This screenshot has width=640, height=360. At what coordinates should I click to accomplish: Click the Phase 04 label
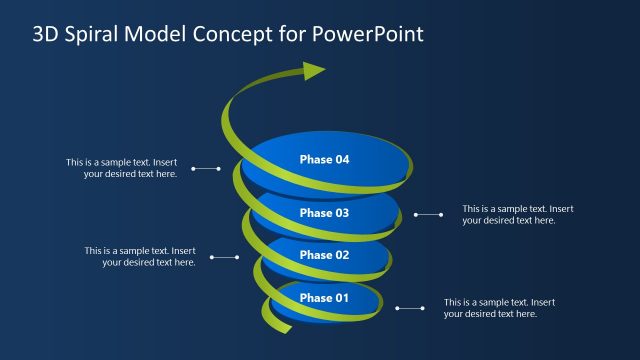324,159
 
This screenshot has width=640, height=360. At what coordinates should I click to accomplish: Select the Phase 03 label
324,213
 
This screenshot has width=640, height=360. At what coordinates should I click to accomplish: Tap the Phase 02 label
324,255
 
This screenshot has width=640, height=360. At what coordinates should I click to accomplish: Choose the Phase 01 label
324,298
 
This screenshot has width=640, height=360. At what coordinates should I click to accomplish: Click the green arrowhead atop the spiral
314,71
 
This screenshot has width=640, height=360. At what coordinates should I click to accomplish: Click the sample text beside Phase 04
122,168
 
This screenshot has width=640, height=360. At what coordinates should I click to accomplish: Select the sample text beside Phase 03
517,214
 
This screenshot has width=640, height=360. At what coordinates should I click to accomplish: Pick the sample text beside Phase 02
140,256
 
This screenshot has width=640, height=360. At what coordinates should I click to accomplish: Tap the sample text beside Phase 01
499,307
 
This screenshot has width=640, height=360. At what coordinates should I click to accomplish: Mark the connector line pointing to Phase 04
205,169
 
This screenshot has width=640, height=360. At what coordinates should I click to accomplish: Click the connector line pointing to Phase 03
428,214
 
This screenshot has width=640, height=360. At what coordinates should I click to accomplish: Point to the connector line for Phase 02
223,257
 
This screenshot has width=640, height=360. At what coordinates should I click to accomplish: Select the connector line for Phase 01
410,308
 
